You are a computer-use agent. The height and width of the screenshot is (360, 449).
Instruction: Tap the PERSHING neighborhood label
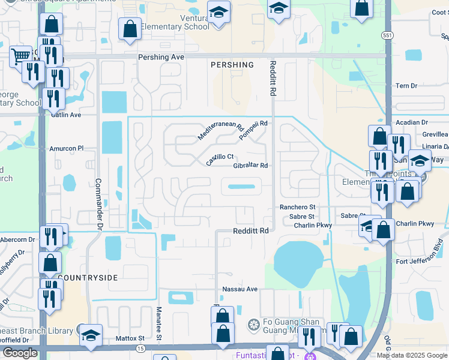pos(232,64)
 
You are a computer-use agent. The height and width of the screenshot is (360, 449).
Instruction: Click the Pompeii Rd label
pos(253,130)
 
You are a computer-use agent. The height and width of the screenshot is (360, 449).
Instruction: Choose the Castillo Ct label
pos(220,160)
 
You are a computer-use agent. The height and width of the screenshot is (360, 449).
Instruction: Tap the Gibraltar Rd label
pos(250,166)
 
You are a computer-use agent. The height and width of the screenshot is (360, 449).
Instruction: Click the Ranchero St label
pos(297,207)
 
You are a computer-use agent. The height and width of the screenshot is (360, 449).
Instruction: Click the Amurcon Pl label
pos(67,148)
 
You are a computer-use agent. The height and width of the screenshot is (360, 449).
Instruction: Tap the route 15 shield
pos(140,348)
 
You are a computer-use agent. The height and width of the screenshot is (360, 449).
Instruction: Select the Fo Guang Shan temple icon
pos(254,325)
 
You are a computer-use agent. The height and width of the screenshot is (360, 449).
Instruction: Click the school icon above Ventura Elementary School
pos(218,11)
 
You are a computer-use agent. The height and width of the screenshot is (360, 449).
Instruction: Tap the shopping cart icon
pos(21,56)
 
